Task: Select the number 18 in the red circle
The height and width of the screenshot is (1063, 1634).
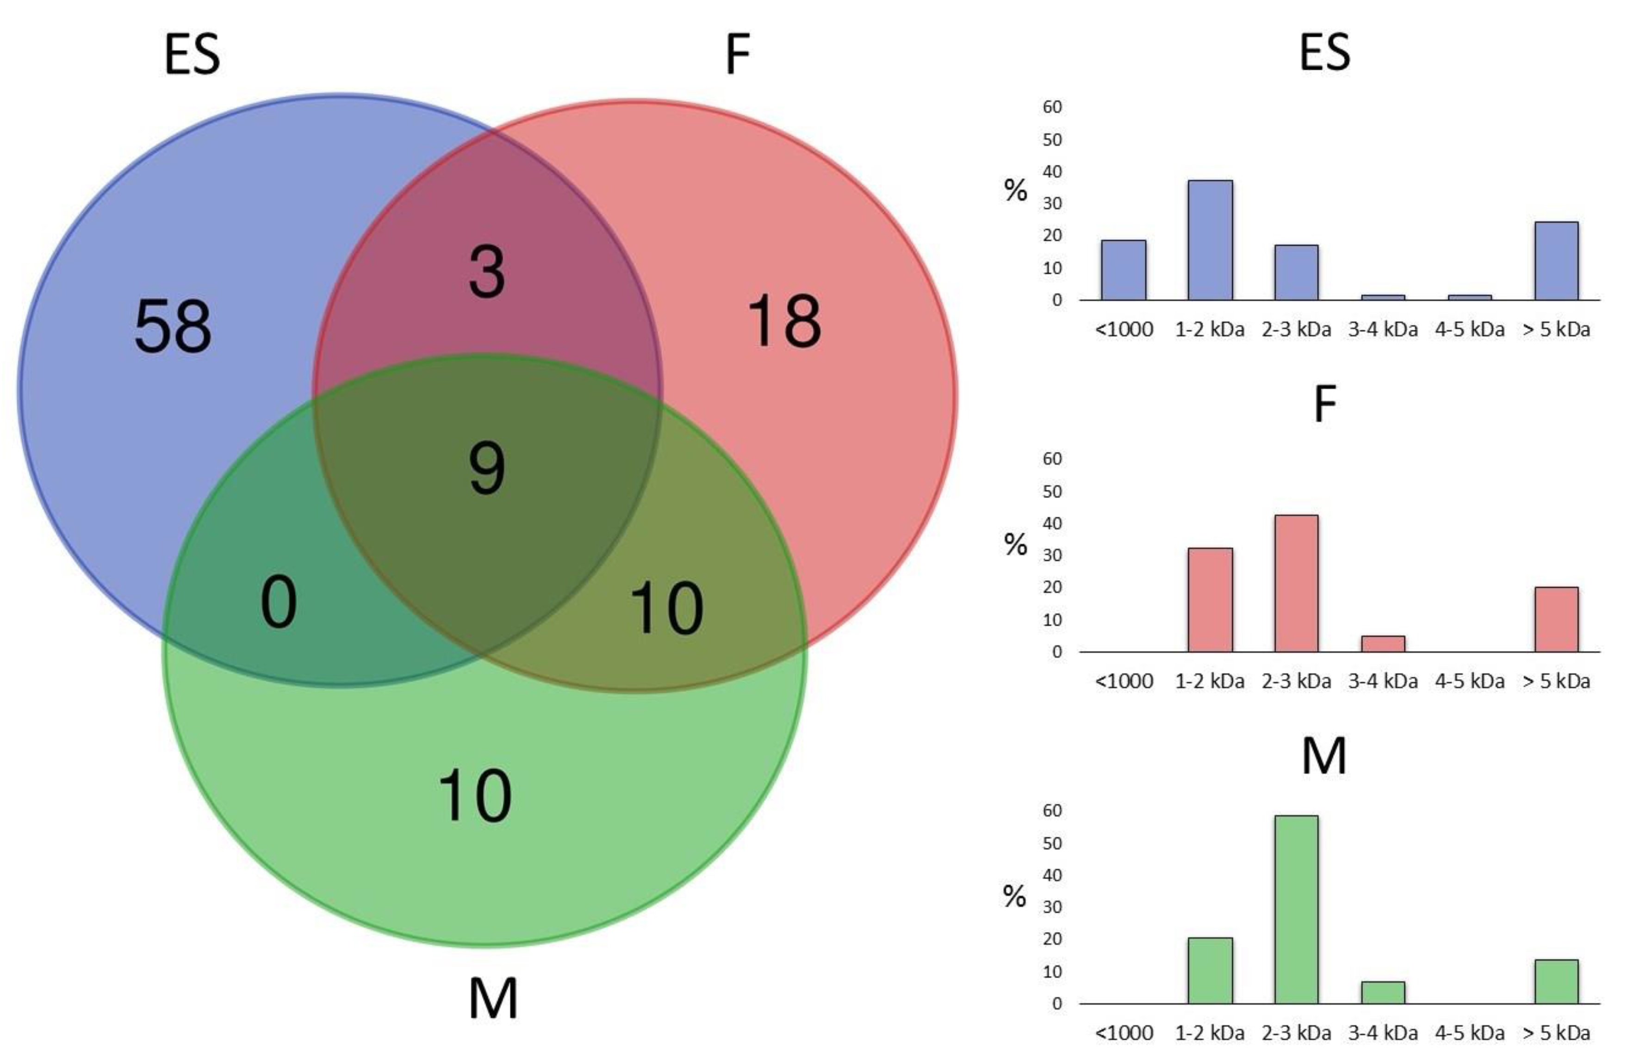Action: pos(783,321)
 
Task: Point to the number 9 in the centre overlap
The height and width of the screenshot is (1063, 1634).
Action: pos(487,469)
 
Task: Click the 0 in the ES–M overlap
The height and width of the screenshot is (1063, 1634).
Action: pos(279,602)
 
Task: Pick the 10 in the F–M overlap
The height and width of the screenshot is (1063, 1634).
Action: pos(666,608)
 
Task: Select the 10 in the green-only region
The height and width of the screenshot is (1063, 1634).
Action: pos(474,796)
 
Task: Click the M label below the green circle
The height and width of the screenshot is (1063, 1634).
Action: pos(493,999)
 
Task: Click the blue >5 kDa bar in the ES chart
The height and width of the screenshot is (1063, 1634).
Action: pos(1556,261)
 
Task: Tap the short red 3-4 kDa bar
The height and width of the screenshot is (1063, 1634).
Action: pos(1383,644)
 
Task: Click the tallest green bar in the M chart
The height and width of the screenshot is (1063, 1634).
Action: pos(1296,909)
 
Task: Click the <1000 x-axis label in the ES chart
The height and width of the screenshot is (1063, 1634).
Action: pos(1124,330)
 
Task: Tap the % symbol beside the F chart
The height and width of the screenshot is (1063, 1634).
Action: pos(1015,544)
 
